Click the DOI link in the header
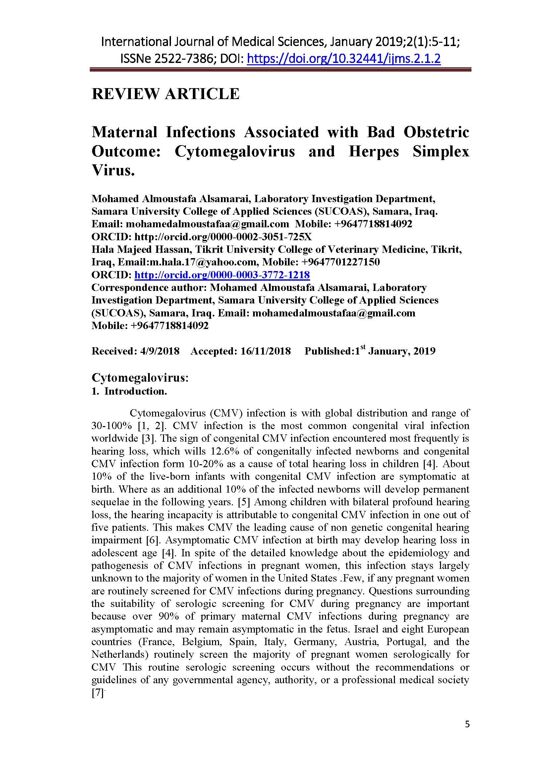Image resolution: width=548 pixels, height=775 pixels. [x=344, y=59]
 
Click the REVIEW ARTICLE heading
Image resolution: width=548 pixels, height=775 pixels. [x=165, y=93]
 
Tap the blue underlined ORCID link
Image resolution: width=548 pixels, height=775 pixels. [x=222, y=275]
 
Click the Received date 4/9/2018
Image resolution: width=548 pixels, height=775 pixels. [x=159, y=351]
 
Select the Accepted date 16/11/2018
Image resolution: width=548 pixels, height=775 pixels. [x=265, y=351]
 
